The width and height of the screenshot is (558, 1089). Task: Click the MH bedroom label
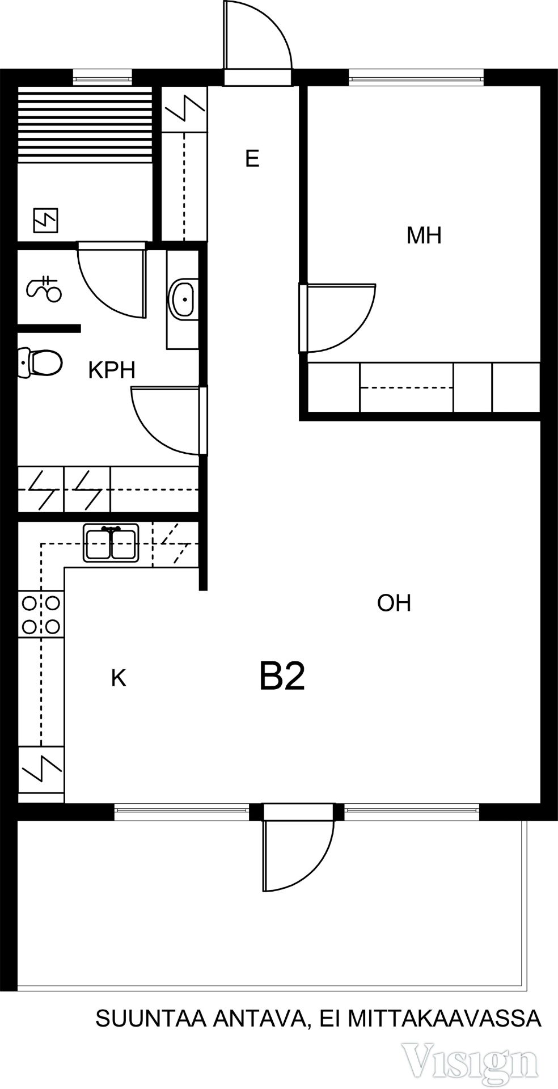pos(424,235)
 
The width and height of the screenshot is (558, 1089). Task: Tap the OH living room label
pos(394,603)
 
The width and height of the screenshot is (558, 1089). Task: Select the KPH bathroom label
pos(112,370)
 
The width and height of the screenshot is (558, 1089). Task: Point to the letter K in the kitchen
pos(118,678)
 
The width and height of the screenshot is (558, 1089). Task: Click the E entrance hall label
pos(252,159)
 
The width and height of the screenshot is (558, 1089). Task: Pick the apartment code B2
pos(282,676)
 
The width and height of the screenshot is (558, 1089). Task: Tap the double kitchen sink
pos(111,543)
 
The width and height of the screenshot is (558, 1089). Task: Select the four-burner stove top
pos(41,614)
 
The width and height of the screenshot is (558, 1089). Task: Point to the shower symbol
pos(44,289)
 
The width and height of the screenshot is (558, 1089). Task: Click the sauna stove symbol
pos(46,221)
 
